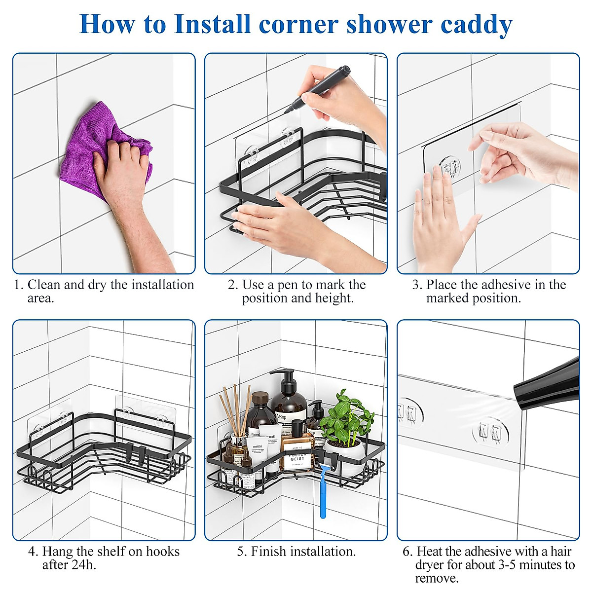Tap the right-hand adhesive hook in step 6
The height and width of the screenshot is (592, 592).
[x=491, y=432]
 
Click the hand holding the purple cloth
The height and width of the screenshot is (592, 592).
[x=123, y=168]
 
